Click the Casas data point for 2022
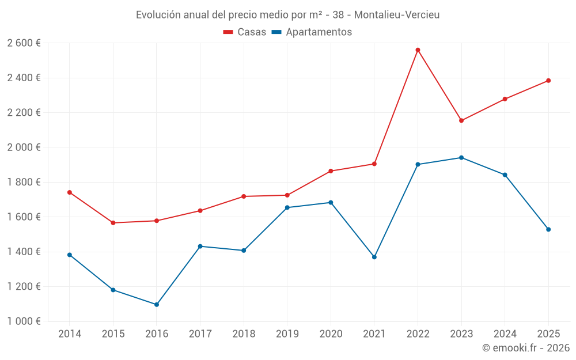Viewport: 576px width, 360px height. coord(418,50)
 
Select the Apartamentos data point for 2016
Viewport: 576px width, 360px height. coord(157,305)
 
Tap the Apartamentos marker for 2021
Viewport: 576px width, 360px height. coord(374,257)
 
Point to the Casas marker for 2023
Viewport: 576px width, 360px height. coord(461,120)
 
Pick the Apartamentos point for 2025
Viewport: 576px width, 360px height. coord(548,229)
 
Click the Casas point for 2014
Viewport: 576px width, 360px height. coord(70,192)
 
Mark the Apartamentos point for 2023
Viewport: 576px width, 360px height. coord(461,158)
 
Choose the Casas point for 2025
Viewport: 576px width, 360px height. coord(548,81)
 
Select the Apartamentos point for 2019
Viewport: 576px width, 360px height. coord(287,207)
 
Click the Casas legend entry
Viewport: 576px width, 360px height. coord(245,32)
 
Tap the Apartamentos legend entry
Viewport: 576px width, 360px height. coord(312,32)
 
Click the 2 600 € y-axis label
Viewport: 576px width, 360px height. coord(24,43)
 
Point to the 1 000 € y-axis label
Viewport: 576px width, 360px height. coord(24,321)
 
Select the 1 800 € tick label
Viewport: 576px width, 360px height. coord(24,182)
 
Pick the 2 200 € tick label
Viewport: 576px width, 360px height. coord(24,112)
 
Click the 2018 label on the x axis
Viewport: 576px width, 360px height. coord(244,334)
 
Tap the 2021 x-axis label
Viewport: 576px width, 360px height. coord(374,334)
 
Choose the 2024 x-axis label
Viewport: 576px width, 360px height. coord(505,334)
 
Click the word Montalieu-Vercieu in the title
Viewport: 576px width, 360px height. coord(397,15)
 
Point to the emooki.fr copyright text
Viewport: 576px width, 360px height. coord(526,348)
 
